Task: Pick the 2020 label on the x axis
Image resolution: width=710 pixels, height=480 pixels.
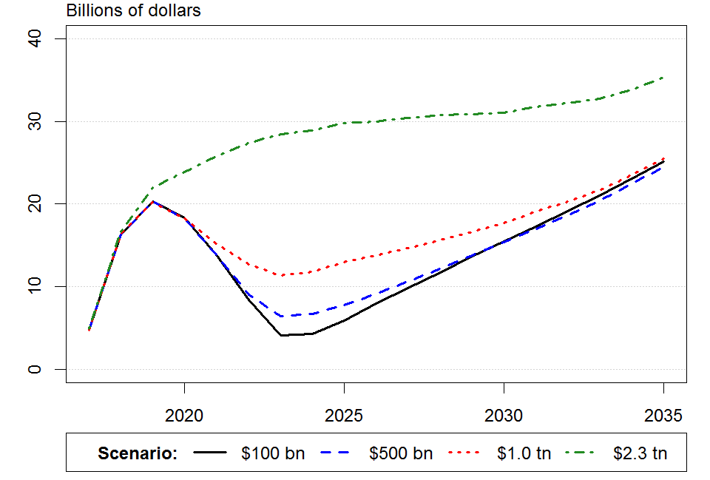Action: [184, 416]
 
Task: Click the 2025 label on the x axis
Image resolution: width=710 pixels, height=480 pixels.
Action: [344, 416]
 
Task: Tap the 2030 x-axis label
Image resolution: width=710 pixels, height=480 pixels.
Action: [504, 416]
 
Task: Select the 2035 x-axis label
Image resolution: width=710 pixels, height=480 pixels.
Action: [663, 416]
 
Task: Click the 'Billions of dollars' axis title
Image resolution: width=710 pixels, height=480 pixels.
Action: [134, 10]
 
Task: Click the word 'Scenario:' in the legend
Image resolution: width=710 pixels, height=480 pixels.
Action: [138, 453]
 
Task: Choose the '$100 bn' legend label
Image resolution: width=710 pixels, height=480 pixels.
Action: [272, 453]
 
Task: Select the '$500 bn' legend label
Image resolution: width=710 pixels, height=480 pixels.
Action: [401, 453]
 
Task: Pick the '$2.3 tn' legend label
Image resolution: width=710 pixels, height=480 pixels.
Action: [640, 453]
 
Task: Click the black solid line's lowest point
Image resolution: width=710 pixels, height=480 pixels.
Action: [281, 335]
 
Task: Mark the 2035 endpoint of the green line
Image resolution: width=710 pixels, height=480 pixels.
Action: [663, 77]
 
